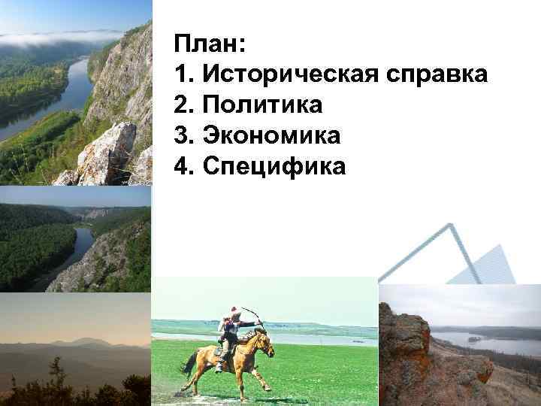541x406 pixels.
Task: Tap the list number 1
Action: tap(180, 74)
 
